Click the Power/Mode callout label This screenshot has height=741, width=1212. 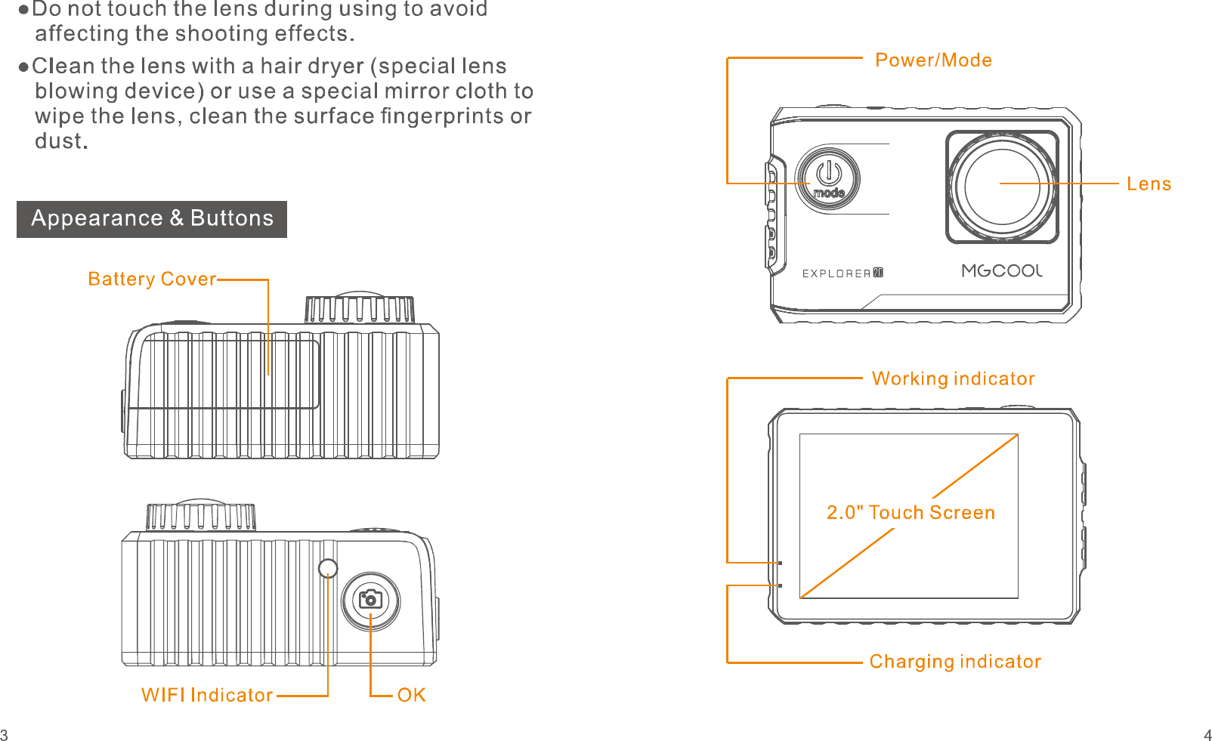(933, 60)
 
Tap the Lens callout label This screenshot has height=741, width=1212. (1149, 184)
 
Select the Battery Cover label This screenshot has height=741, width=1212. (152, 279)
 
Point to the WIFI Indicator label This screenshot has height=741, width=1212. (206, 696)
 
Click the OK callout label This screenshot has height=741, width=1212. (412, 696)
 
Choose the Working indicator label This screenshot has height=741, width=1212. (953, 378)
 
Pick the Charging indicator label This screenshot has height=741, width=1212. (955, 662)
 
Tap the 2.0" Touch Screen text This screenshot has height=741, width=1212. (911, 513)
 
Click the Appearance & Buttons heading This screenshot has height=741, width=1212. (152, 219)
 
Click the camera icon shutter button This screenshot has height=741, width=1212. (370, 601)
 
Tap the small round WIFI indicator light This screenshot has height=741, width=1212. (328, 568)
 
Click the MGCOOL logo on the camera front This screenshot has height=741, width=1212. (1002, 271)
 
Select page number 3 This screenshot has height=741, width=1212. (5, 735)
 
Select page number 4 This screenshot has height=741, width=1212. (1207, 735)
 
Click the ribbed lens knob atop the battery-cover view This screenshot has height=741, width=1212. (360, 309)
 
